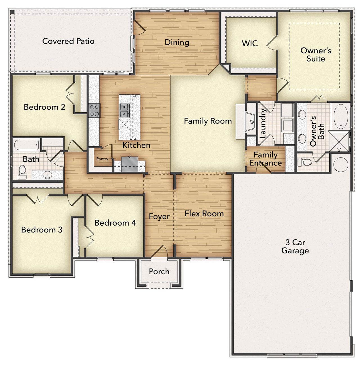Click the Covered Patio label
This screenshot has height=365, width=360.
68,41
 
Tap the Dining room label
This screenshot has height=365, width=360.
177,42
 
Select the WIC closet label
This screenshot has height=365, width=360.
250,43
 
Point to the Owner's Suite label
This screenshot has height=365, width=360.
316,55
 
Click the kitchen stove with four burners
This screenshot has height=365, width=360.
94,110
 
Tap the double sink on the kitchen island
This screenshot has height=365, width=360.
124,110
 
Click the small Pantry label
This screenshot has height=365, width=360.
102,159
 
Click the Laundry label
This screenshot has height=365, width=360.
263,123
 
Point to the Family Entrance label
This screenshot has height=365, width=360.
265,159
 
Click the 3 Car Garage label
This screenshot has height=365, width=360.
295,246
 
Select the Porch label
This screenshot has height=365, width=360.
159,271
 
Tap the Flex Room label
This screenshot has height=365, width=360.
204,214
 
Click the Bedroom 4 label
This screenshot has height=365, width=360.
115,223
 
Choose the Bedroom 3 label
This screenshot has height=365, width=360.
42,230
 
